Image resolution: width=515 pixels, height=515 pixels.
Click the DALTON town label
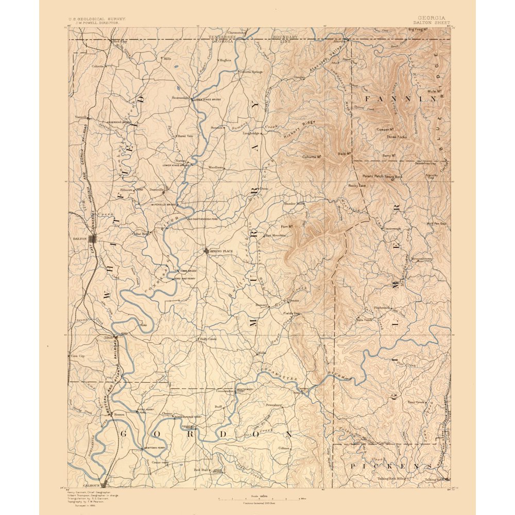[x=80, y=238]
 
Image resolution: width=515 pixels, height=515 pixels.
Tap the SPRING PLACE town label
[x=221, y=251]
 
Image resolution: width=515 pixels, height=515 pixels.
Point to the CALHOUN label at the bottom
[x=91, y=485]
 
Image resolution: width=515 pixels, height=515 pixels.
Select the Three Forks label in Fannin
[x=397, y=137]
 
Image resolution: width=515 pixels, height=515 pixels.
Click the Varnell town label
[x=80, y=117]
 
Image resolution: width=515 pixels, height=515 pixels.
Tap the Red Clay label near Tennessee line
[x=119, y=41]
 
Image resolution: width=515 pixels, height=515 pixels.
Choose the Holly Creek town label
[x=208, y=339]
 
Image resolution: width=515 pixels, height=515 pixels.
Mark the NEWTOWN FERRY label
[x=157, y=447]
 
